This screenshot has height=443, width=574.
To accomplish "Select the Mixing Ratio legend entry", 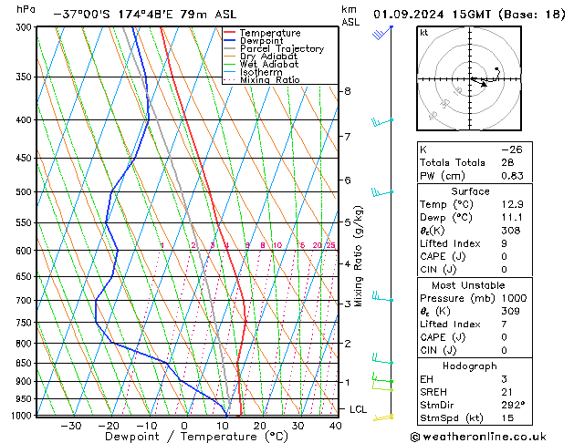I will (269, 80).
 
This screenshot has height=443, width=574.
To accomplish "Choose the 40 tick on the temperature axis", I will (337, 426).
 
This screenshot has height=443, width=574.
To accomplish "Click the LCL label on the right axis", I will (359, 409).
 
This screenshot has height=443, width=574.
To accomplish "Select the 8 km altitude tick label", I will (347, 91).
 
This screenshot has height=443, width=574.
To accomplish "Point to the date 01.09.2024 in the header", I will (411, 15).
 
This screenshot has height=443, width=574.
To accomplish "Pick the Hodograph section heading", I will (470, 366).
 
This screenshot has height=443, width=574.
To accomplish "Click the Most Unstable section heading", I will (470, 285).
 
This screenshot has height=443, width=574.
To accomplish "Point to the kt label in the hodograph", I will (423, 33).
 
